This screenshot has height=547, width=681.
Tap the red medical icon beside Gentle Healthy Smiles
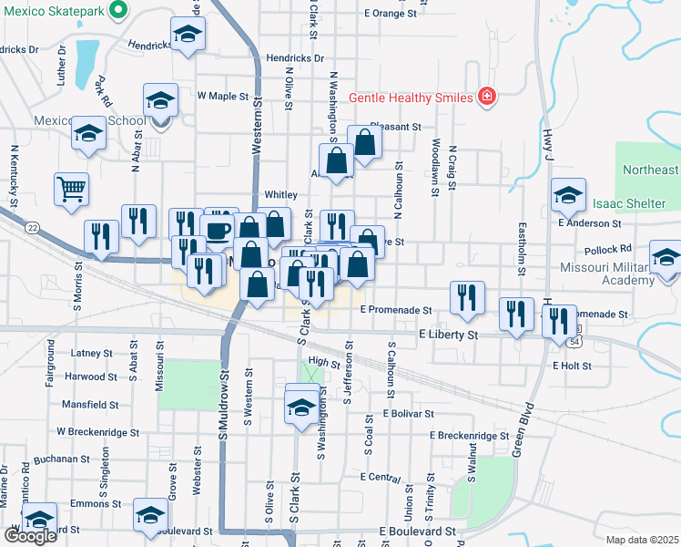[x=487, y=96]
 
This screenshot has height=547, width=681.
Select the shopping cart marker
[x=71, y=189]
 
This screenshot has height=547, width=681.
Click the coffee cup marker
[x=217, y=230]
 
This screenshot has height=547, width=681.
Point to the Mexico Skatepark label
[x=49, y=11]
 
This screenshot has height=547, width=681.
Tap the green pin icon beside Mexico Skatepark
[x=117, y=11]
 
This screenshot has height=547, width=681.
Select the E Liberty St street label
[x=448, y=335]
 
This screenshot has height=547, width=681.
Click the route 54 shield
[x=575, y=340]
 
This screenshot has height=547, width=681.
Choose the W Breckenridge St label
[x=97, y=432]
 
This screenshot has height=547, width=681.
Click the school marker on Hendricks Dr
[x=188, y=35]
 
